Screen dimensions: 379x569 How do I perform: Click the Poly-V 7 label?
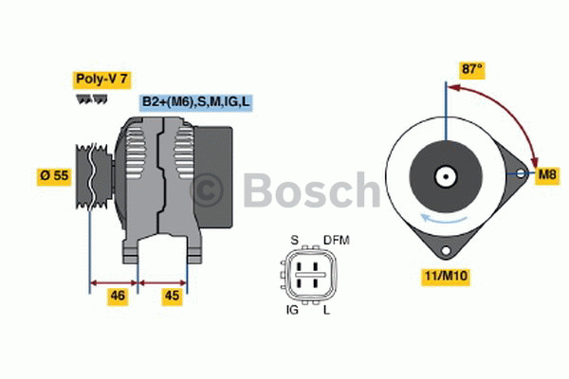click(x=101, y=79)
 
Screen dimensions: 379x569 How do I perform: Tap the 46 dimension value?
click(x=118, y=296)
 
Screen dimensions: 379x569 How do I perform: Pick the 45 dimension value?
click(x=173, y=296)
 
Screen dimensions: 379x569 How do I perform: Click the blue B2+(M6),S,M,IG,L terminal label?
click(x=196, y=102)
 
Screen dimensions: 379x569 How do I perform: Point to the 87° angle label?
click(x=472, y=69)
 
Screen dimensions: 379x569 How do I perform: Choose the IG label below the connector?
click(x=292, y=310)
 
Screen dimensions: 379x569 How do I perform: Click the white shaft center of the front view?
click(x=444, y=176)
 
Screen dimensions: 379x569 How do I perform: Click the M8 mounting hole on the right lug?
click(x=521, y=174)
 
